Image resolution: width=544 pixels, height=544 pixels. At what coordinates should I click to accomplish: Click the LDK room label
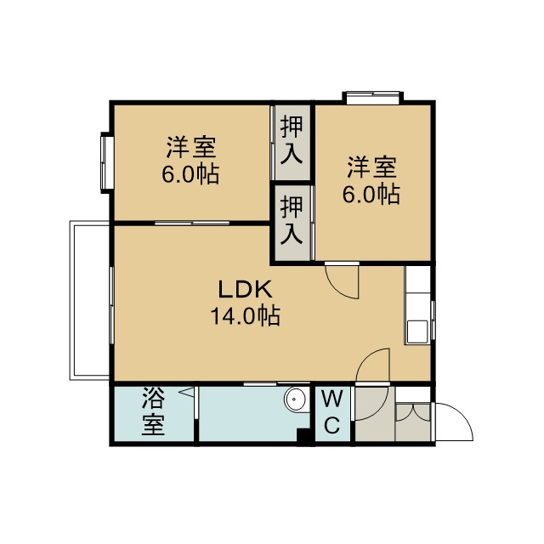pyautogui.click(x=245, y=290)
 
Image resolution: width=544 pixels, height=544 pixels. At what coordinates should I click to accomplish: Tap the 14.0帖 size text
pyautogui.click(x=246, y=315)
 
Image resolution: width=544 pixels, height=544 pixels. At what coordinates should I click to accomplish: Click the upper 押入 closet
pyautogui.click(x=292, y=142)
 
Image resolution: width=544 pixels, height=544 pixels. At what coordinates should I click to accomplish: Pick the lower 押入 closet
pyautogui.click(x=292, y=223)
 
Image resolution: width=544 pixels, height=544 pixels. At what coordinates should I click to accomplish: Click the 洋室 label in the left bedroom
pyautogui.click(x=191, y=147)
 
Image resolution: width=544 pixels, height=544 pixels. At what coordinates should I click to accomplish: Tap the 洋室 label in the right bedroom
pyautogui.click(x=372, y=167)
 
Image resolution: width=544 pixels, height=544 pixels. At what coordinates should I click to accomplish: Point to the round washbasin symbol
pyautogui.click(x=296, y=399)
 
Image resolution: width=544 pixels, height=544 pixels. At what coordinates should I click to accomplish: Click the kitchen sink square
pyautogui.click(x=417, y=332)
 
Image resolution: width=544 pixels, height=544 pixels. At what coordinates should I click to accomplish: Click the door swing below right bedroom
pyautogui.click(x=342, y=281)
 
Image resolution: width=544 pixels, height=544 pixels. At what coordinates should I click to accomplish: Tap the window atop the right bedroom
pyautogui.click(x=372, y=98)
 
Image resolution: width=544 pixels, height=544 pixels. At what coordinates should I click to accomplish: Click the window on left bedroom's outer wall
pyautogui.click(x=106, y=162)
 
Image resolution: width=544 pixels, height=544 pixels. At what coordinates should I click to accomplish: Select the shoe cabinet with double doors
pyautogui.click(x=413, y=422)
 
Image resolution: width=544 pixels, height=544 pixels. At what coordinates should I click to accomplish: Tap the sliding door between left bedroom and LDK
pyautogui.click(x=192, y=223)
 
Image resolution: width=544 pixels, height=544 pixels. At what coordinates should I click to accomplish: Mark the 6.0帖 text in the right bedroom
pyautogui.click(x=371, y=194)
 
